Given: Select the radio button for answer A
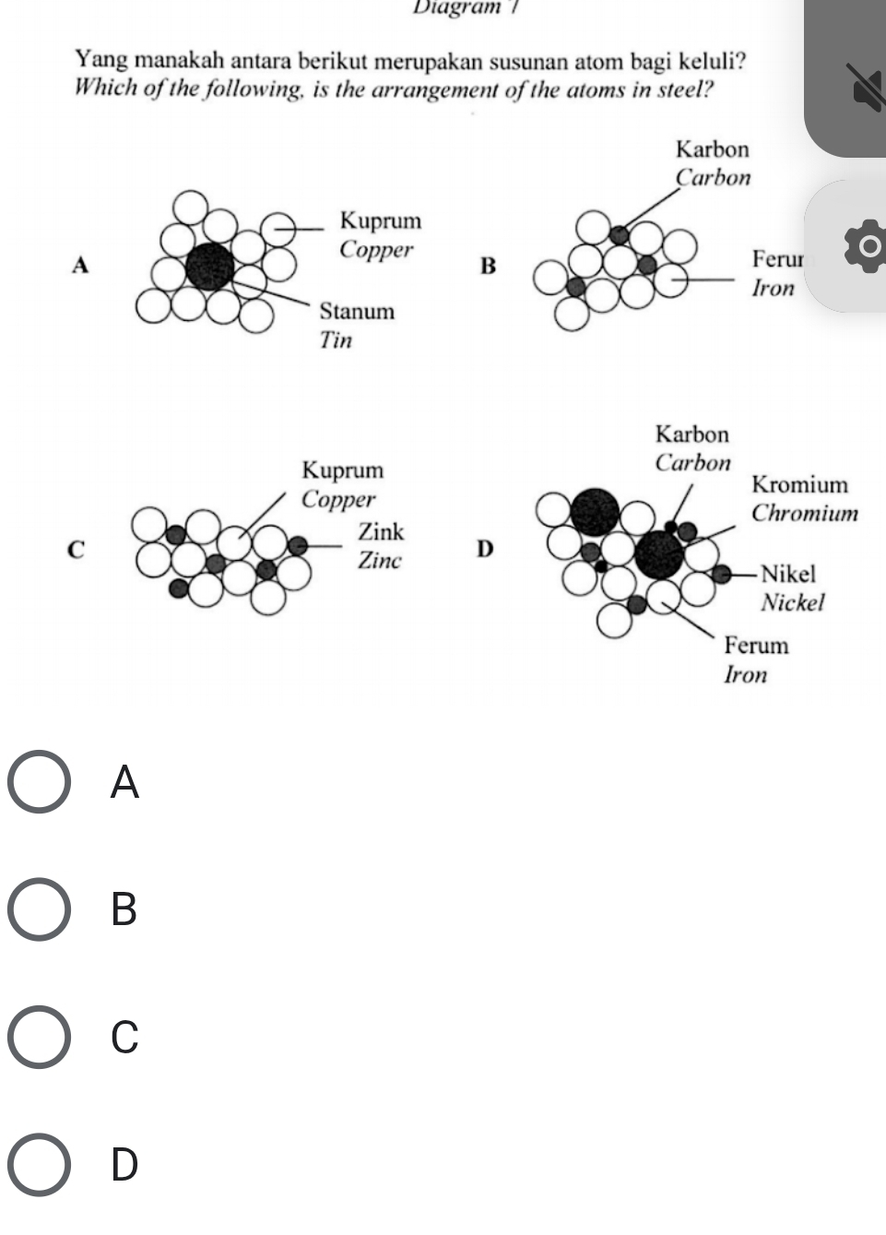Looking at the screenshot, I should [x=39, y=782].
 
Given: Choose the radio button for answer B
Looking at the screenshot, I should [x=39, y=909].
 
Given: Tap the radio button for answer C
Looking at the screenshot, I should [x=39, y=1037].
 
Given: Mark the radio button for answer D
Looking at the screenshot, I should [x=39, y=1164].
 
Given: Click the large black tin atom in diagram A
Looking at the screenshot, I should [x=210, y=267].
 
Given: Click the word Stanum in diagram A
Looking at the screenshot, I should [x=357, y=311].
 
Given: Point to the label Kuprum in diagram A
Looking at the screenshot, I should [x=380, y=220].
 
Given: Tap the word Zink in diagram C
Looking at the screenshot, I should [x=381, y=531].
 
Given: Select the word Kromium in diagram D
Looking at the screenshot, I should [x=799, y=484].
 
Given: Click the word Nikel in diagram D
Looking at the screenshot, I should [x=788, y=574].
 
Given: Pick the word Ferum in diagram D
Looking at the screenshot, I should [x=756, y=645].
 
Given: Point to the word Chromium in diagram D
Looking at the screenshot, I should [x=804, y=513].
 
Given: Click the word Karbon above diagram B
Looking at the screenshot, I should [x=712, y=148].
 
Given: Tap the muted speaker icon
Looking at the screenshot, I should [x=867, y=90].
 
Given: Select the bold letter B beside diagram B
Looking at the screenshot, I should [x=488, y=267].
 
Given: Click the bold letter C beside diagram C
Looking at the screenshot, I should [x=78, y=549].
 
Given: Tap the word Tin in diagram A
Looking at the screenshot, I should [x=336, y=339].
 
